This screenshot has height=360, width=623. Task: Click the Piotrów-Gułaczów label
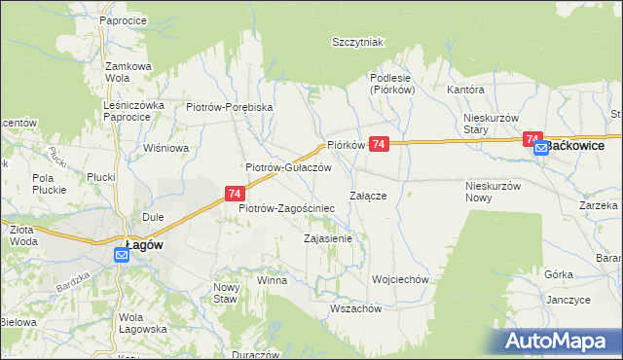click(289, 167)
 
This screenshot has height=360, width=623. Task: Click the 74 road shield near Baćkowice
click(532, 139)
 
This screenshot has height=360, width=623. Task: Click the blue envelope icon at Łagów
click(121, 256)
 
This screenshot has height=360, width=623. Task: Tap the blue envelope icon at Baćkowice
click(541, 148)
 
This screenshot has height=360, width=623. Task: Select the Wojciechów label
click(400, 279)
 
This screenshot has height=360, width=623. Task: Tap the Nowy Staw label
click(225, 293)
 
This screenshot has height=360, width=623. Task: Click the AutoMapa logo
click(562, 342)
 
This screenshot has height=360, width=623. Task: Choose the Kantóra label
click(465, 90)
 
